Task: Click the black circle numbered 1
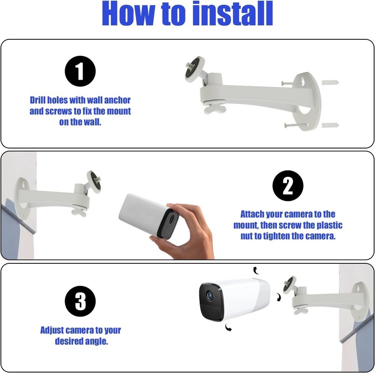[x=80, y=71]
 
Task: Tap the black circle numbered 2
[x=288, y=186]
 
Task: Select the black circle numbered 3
[x=80, y=301]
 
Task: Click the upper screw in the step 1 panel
[x=292, y=83]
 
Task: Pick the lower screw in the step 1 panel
[x=295, y=125]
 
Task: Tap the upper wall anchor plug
[x=330, y=83]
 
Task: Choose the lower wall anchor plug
[x=330, y=125]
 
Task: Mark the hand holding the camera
[x=184, y=231]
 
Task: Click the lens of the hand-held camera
[x=172, y=219]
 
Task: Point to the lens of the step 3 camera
[x=210, y=296]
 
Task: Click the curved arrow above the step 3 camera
[x=256, y=270]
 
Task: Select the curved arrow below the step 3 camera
[x=228, y=328]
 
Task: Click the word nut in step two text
[x=247, y=236]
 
